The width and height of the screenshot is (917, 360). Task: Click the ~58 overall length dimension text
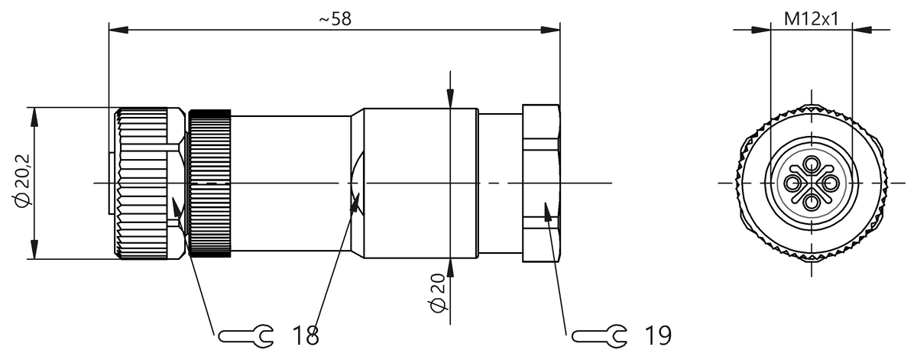335,19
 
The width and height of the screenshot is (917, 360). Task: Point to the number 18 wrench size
306,335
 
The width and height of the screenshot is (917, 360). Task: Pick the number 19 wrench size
658,335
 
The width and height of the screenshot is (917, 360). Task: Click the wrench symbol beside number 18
245,335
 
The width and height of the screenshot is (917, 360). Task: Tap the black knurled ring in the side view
209,183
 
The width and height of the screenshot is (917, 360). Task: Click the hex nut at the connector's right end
541,183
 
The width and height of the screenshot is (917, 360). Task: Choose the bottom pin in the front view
811,200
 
